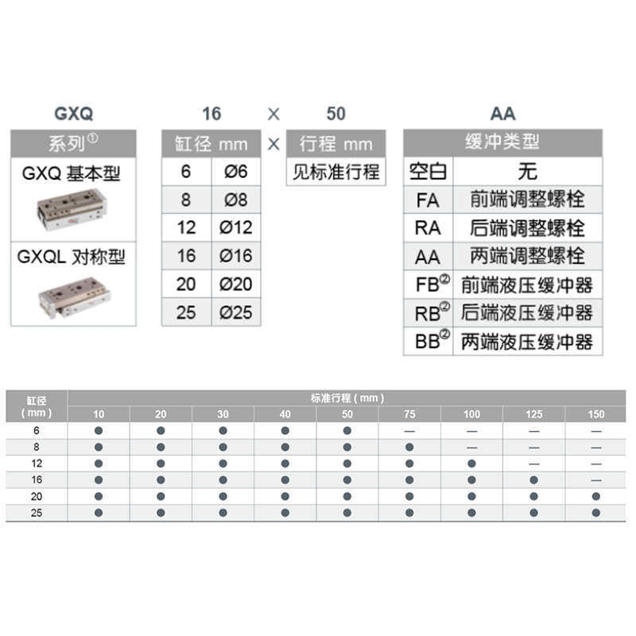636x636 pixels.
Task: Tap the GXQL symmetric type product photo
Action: (74, 297)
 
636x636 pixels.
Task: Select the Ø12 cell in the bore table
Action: (235, 227)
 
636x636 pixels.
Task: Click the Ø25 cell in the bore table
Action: (235, 312)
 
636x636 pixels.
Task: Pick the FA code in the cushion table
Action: (428, 200)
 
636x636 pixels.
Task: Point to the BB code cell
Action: (429, 341)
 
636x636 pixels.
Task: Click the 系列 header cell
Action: (73, 144)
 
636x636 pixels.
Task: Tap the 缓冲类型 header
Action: (502, 143)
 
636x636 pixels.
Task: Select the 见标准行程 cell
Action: (335, 172)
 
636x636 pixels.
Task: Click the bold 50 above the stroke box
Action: (335, 114)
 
